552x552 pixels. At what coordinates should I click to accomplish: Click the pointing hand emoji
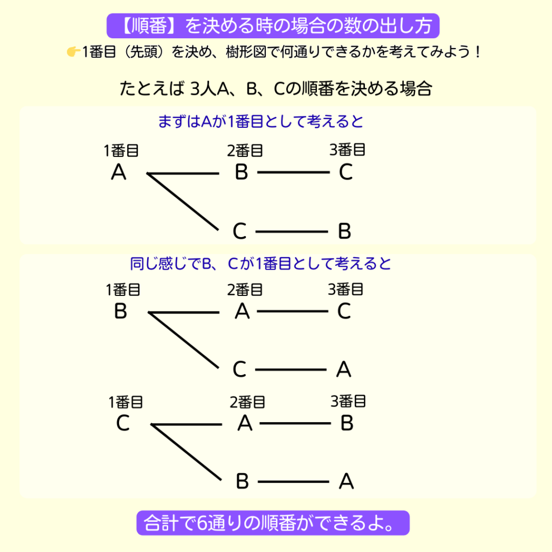tap(73, 52)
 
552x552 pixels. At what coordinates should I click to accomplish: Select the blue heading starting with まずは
tap(261, 121)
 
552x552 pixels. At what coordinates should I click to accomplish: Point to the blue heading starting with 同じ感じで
tap(261, 264)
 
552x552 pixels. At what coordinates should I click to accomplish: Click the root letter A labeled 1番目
tap(119, 173)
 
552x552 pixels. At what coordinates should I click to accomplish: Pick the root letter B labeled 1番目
tap(121, 312)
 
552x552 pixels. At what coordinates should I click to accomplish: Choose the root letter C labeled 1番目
tap(123, 424)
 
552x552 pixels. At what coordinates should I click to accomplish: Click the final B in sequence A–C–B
tap(345, 231)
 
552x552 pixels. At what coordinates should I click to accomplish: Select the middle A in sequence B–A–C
tap(243, 312)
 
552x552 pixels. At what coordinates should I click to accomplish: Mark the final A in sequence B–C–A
tap(344, 370)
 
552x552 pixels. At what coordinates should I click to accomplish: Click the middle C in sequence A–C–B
tap(239, 232)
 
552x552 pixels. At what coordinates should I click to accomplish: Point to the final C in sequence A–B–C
tap(346, 172)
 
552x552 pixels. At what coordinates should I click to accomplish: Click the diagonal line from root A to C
tap(183, 202)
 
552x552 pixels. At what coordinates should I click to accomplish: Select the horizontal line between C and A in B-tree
tap(291, 370)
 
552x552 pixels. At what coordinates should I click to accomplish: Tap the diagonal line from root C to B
tap(187, 452)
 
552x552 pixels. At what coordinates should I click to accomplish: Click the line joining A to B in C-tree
tap(294, 424)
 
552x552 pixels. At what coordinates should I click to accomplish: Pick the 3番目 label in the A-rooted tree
tap(348, 149)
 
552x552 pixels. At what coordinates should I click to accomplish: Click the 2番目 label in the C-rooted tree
tap(247, 402)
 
